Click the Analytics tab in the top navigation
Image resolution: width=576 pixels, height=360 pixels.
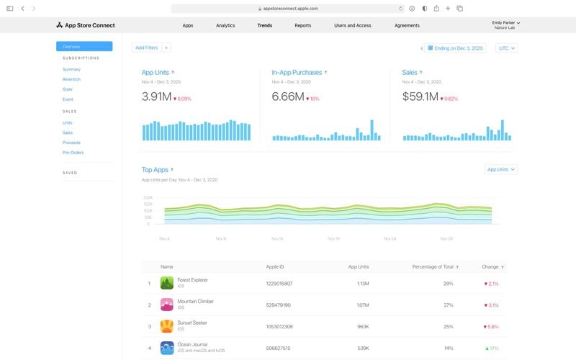point(225,25)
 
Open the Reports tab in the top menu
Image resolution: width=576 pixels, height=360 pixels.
point(303,25)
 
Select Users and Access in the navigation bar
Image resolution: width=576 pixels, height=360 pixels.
point(353,25)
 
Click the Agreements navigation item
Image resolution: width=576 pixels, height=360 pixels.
point(407,25)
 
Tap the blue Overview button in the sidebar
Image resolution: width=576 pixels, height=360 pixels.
point(84,46)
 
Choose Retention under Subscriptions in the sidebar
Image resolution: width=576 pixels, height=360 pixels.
point(71,79)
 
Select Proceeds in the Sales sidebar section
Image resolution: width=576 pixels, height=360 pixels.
point(71,143)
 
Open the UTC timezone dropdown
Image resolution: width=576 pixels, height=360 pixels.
point(507,48)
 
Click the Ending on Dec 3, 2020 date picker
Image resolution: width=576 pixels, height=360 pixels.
point(456,48)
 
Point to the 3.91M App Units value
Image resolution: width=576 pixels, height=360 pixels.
point(156,96)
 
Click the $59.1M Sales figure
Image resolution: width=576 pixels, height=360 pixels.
point(420,96)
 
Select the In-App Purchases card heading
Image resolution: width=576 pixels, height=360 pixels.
point(297,73)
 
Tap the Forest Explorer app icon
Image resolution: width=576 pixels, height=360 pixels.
point(167,284)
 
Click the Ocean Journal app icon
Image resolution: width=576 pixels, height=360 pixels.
point(167,348)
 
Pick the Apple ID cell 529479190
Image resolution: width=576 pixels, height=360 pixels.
point(279,305)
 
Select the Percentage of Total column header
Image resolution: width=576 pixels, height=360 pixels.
point(432,267)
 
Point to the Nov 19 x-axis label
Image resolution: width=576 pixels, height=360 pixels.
point(333,238)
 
